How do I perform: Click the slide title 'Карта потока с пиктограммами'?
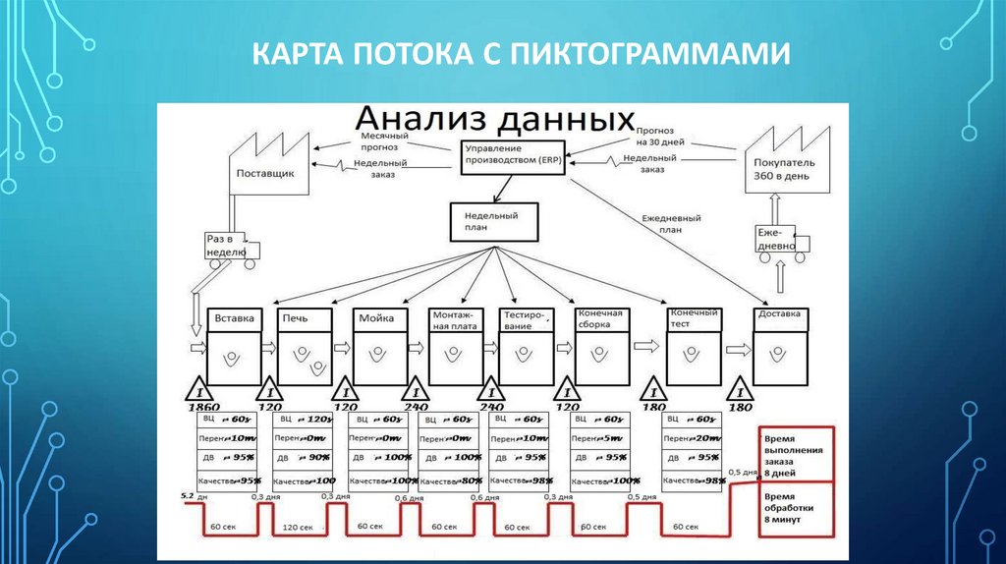pyautogui.click(x=521, y=55)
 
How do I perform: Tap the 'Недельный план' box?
pyautogui.click(x=495, y=222)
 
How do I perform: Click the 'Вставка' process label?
pyautogui.click(x=235, y=318)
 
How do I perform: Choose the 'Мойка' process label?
pyautogui.click(x=378, y=318)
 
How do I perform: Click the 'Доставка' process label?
pyautogui.click(x=781, y=314)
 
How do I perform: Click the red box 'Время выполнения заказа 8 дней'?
pyautogui.click(x=796, y=454)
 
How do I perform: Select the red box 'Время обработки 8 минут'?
pyautogui.click(x=796, y=507)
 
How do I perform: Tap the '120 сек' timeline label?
pyautogui.click(x=299, y=528)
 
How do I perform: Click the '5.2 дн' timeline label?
pyautogui.click(x=193, y=497)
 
